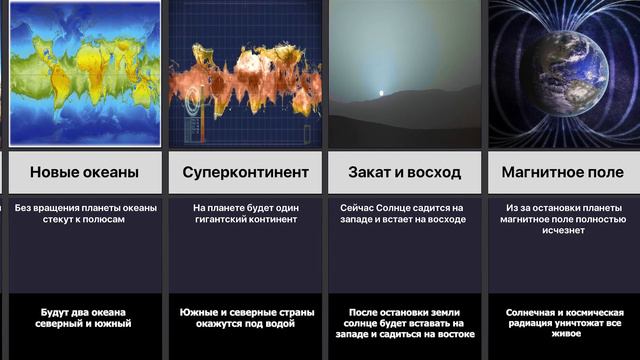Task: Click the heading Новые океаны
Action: (83, 173)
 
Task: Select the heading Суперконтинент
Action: (245, 173)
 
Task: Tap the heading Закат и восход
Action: (404, 173)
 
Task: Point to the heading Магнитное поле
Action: (564, 173)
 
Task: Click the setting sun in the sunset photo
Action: (379, 96)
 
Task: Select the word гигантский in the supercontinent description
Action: (229, 219)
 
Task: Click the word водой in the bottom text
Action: (283, 323)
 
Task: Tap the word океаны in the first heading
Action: (111, 173)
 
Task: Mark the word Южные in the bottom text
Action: (201, 312)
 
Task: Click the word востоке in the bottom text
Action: (453, 334)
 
